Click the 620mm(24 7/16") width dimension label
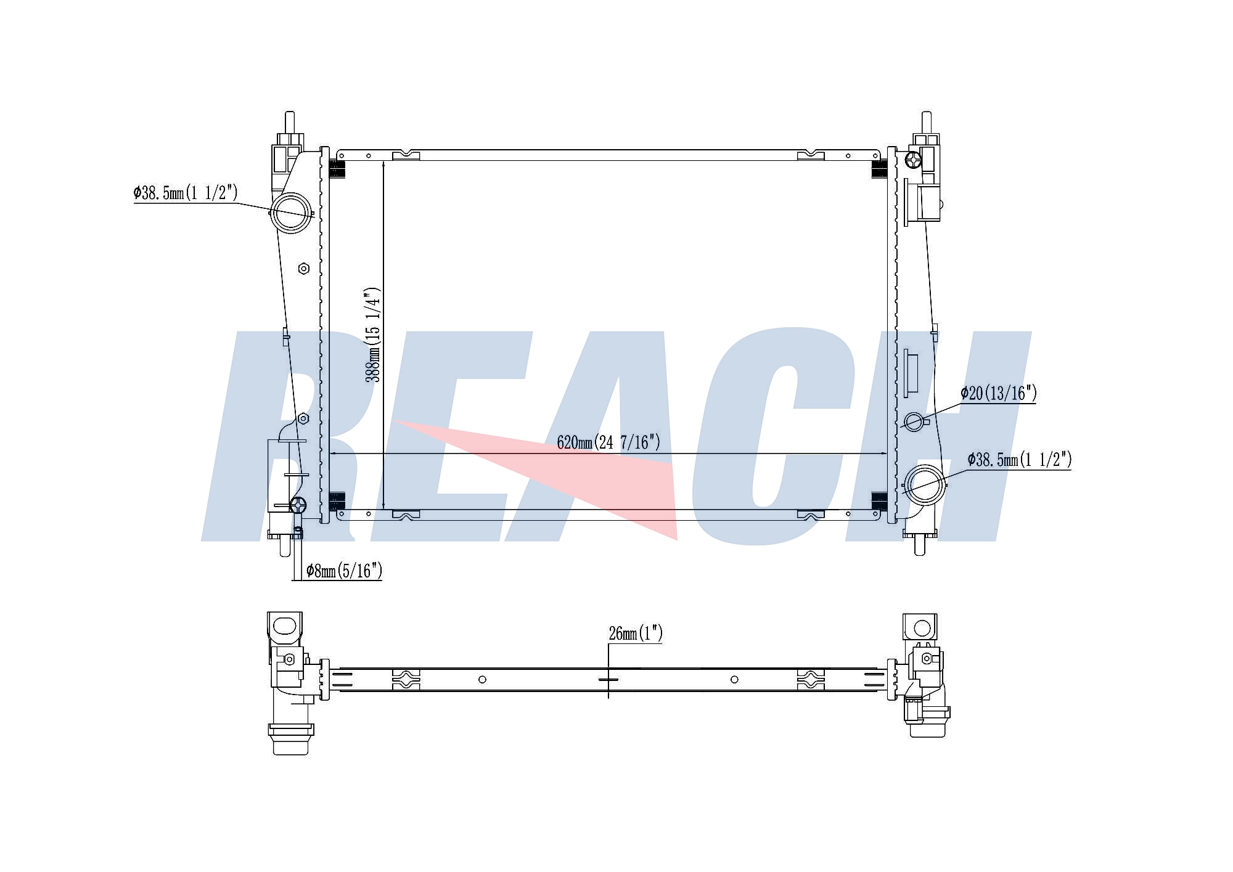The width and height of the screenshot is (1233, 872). click(x=608, y=442)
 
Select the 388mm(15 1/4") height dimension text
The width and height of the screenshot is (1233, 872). click(x=374, y=335)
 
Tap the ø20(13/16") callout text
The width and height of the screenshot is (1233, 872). click(x=999, y=393)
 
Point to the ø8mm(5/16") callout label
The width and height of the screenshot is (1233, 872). click(x=344, y=571)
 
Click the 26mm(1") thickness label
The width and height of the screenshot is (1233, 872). click(x=636, y=634)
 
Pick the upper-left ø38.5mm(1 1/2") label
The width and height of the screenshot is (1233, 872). click(x=186, y=193)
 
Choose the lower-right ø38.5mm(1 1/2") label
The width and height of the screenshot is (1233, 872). click(x=1020, y=460)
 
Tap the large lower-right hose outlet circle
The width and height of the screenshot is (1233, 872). click(x=924, y=486)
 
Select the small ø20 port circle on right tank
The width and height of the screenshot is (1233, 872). click(x=915, y=422)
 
